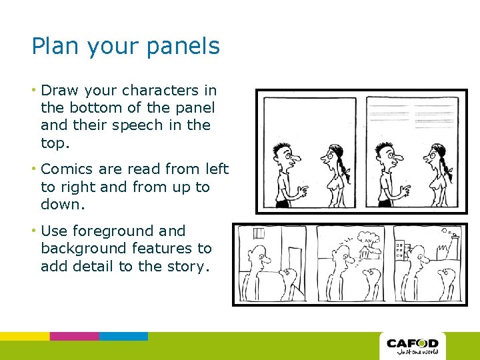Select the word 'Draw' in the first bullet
[x=59, y=90]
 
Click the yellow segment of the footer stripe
[x=25, y=336]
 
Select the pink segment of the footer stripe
[x=75, y=336]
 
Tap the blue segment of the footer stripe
[x=124, y=336]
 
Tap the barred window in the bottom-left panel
[x=258, y=233]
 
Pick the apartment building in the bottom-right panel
[x=402, y=250]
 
